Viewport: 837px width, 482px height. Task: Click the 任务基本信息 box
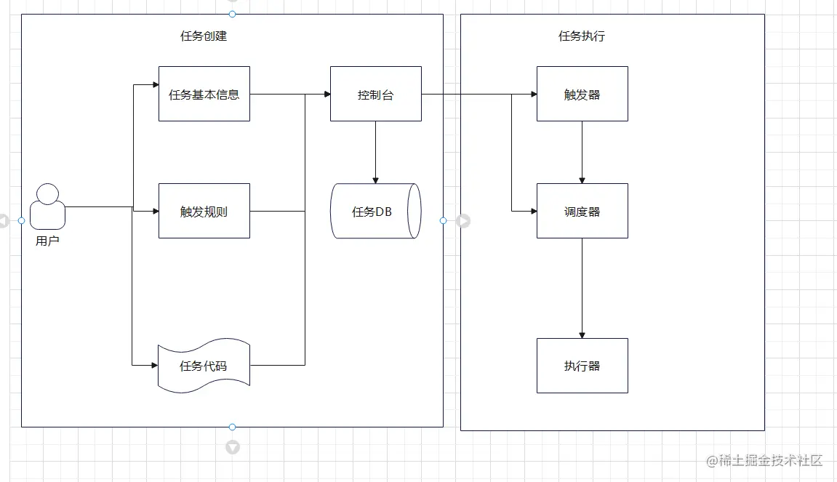point(204,94)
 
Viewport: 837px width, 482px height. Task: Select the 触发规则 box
point(204,211)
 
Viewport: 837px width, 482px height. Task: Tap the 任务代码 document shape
point(204,366)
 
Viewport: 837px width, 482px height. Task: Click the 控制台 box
point(375,94)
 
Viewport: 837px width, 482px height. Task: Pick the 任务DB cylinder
point(375,211)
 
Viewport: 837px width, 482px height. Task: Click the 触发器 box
point(582,94)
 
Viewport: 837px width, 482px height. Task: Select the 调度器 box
point(582,211)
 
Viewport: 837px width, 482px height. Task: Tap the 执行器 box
point(582,366)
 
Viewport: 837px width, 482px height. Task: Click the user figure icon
point(48,206)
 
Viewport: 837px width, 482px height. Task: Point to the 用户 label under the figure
point(47,241)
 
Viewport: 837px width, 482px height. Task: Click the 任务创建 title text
point(204,36)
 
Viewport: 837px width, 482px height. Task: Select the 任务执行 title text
point(581,36)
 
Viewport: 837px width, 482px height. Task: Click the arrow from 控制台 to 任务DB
point(375,152)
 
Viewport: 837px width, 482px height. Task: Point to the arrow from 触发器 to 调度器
point(582,152)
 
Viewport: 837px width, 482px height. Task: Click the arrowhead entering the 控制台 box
point(326,94)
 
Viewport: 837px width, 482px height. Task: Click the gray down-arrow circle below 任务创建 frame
point(233,447)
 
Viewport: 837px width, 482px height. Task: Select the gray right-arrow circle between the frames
point(463,220)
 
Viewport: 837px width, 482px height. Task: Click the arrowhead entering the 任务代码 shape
point(154,363)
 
